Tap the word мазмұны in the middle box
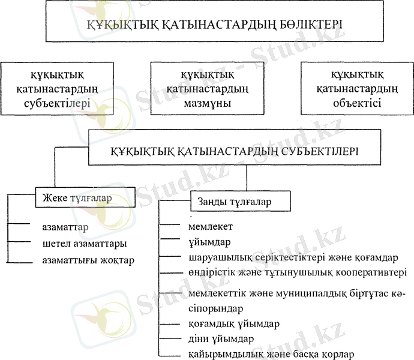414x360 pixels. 207,103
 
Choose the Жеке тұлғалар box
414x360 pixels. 76,197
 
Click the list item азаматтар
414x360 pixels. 65,228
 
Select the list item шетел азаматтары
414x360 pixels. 84,244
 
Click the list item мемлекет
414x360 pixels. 210,227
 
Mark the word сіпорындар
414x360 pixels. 215,309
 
